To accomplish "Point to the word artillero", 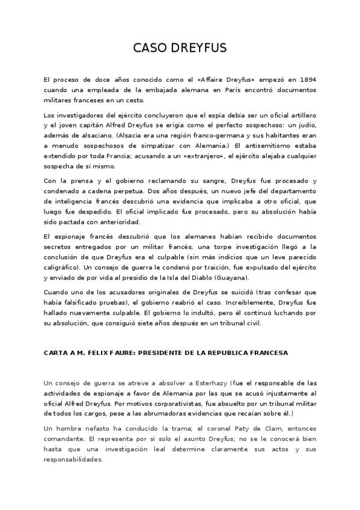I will click(x=302, y=114).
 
